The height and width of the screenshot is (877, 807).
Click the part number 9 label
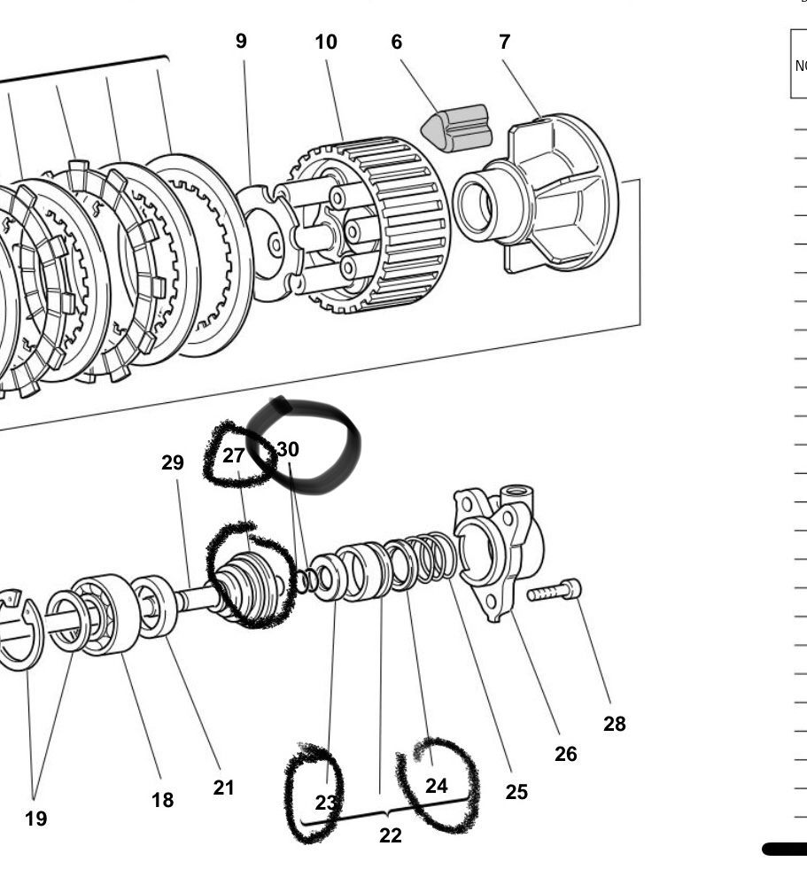click(241, 42)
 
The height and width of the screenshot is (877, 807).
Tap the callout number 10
click(326, 42)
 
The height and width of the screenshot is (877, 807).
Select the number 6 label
click(397, 42)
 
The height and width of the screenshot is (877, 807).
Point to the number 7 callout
click(504, 42)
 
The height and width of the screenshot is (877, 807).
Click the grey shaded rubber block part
click(457, 128)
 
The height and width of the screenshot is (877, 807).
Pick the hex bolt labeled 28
click(555, 591)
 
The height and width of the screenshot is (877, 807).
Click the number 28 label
click(615, 724)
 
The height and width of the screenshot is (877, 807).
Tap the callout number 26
click(566, 754)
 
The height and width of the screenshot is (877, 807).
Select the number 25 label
click(516, 792)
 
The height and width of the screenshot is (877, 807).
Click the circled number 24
click(436, 786)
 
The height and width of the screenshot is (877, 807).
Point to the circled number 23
click(327, 803)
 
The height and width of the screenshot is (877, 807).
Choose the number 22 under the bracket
click(391, 835)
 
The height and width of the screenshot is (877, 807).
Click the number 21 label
click(224, 788)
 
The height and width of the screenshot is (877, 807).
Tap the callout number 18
click(163, 800)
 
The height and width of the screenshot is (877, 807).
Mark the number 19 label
click(35, 819)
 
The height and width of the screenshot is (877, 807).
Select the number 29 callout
click(172, 462)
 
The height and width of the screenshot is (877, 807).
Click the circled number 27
click(234, 456)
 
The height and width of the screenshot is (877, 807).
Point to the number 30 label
click(288, 449)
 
